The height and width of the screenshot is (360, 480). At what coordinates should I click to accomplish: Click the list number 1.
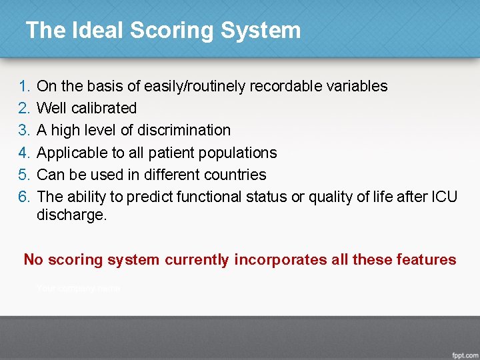pyautogui.click(x=24, y=86)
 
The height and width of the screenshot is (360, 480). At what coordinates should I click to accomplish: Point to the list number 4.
pyautogui.click(x=24, y=153)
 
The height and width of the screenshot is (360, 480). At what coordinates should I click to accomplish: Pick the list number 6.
pyautogui.click(x=24, y=197)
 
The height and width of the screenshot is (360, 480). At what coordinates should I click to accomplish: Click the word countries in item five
pyautogui.click(x=237, y=175)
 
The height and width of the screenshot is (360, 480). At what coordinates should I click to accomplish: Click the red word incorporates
pyautogui.click(x=280, y=259)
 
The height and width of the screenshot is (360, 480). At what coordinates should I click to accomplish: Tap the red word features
pyautogui.click(x=428, y=259)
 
